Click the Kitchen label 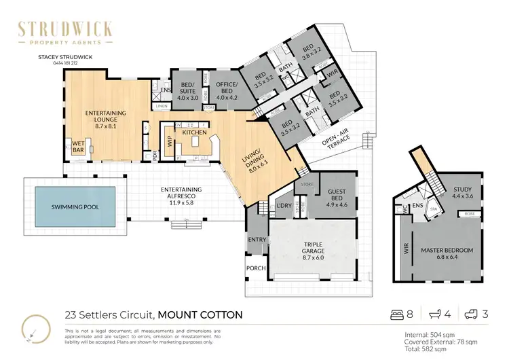[x=194, y=132]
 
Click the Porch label [x=256, y=268]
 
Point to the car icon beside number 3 [x=470, y=314]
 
